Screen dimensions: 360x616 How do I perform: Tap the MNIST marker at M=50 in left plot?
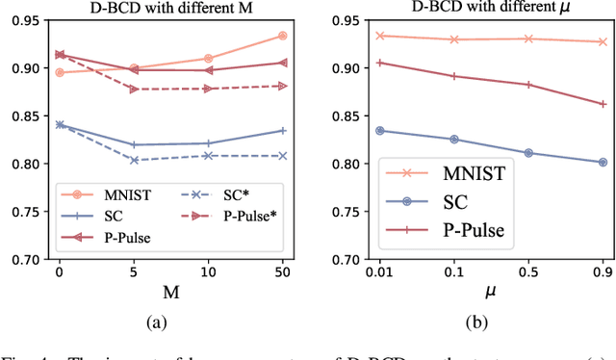(x=282, y=36)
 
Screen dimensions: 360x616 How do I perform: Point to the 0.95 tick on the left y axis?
(x=24, y=20)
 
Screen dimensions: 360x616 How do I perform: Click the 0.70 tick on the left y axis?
(x=24, y=259)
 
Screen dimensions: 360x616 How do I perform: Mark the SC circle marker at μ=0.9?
(x=603, y=162)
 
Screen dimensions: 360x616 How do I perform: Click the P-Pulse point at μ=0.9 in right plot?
(x=603, y=104)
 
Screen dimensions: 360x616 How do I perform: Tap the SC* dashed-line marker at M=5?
(x=134, y=160)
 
